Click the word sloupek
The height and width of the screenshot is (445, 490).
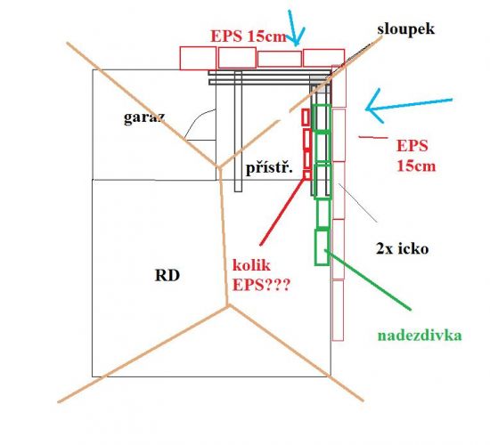point(405,29)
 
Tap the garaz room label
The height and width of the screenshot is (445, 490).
point(144,117)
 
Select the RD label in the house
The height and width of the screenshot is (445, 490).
point(167,276)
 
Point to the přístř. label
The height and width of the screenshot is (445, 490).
point(269,168)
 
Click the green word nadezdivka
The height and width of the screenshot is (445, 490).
point(420,336)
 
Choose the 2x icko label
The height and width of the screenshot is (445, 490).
point(402,249)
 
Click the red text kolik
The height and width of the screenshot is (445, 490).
point(251,265)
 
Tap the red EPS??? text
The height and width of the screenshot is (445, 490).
point(261,285)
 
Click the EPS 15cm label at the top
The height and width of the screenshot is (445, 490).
point(249,36)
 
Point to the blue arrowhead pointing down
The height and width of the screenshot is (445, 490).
point(296,39)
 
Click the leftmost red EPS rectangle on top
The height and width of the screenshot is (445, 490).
point(198,58)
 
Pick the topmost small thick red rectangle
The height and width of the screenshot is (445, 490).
point(306,117)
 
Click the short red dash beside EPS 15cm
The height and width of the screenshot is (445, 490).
point(373,137)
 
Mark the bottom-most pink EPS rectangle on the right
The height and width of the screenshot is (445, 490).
point(338,310)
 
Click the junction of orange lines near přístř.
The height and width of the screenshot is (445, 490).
point(219,167)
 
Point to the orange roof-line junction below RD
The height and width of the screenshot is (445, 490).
point(228,306)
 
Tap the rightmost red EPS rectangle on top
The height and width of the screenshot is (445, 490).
point(323,58)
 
